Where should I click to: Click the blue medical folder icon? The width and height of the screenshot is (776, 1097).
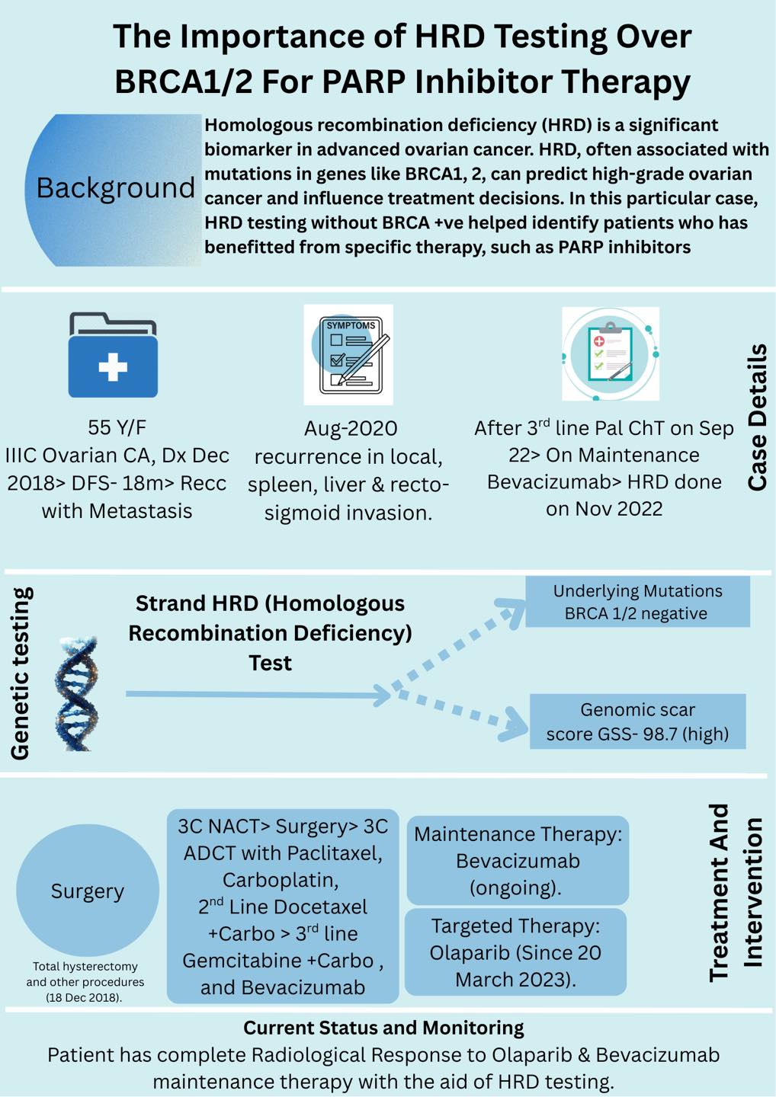click(x=113, y=354)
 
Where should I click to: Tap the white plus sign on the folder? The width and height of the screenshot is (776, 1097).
click(x=113, y=366)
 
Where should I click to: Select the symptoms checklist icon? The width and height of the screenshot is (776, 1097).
click(x=348, y=354)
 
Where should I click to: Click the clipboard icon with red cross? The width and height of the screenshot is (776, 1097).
click(x=611, y=353)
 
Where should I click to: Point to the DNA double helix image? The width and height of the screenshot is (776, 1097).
click(x=77, y=694)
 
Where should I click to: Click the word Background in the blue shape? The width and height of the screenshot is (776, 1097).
click(x=116, y=188)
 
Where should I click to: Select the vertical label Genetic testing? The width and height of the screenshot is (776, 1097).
click(x=20, y=673)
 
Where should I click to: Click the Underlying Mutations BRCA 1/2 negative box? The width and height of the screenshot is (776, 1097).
click(x=638, y=602)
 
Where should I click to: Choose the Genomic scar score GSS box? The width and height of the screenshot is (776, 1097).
click(x=638, y=721)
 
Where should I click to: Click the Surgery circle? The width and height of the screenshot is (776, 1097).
click(x=88, y=891)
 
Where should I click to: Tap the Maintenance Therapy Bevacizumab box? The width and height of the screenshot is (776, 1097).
click(x=518, y=861)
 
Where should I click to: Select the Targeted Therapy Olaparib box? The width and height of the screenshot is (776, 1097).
click(x=516, y=952)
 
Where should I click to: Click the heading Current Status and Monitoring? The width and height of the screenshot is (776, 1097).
click(x=383, y=1028)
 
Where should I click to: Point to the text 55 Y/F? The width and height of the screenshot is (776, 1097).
click(x=117, y=427)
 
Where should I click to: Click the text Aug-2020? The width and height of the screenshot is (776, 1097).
click(x=351, y=428)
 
